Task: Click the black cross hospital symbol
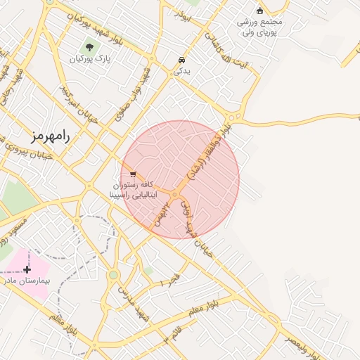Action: pos(27,269)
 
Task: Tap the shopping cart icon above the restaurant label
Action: pos(133,174)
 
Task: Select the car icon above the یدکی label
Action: pos(182,60)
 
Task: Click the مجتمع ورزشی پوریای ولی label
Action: pos(259,27)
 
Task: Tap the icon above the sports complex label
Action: pos(259,11)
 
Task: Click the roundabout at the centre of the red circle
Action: pos(174,195)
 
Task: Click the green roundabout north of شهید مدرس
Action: pos(113,275)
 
